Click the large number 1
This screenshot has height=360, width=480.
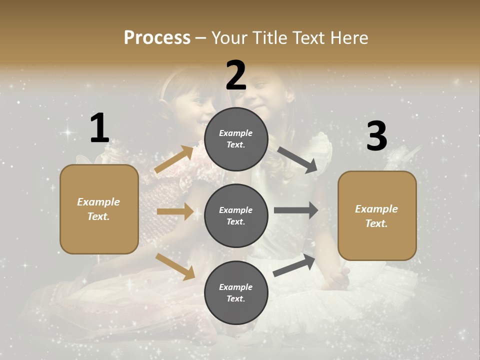pyautogui.click(x=99, y=128)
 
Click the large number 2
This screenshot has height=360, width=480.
pyautogui.click(x=236, y=75)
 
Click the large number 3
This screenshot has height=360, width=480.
pyautogui.click(x=376, y=136)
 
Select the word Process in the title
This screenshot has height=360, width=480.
pyautogui.click(x=157, y=37)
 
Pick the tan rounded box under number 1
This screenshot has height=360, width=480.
pyautogui.click(x=99, y=209)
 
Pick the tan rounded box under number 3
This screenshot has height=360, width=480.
pyautogui.click(x=377, y=215)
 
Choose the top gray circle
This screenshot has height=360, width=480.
pyautogui.click(x=236, y=139)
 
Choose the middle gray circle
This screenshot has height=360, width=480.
pyautogui.click(x=236, y=215)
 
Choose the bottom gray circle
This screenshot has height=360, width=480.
pyautogui.click(x=236, y=292)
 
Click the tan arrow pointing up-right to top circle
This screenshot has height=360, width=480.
pyautogui.click(x=174, y=159)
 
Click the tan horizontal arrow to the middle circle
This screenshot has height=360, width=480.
pyautogui.click(x=175, y=211)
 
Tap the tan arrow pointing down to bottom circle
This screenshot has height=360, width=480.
pyautogui.click(x=175, y=266)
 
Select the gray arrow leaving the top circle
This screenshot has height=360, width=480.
pyautogui.click(x=298, y=160)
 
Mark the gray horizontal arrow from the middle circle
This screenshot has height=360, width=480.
pyautogui.click(x=296, y=210)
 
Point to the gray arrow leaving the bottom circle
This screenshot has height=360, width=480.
pyautogui.click(x=294, y=265)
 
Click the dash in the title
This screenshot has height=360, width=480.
pyautogui.click(x=201, y=38)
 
